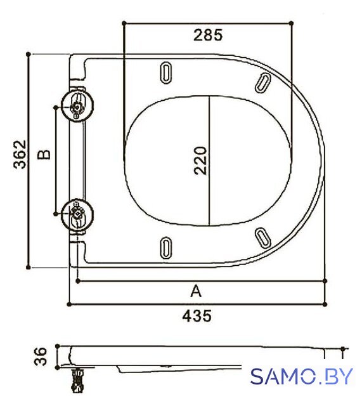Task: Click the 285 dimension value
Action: point(208,35)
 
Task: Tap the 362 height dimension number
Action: point(20,155)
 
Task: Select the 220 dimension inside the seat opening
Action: point(200,160)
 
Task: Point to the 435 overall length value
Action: point(197,316)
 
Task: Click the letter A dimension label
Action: point(196,291)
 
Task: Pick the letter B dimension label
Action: point(44,155)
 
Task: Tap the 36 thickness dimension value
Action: point(41,357)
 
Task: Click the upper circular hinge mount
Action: point(77,105)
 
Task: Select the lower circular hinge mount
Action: point(77,215)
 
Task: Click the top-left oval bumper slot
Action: point(166,72)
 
